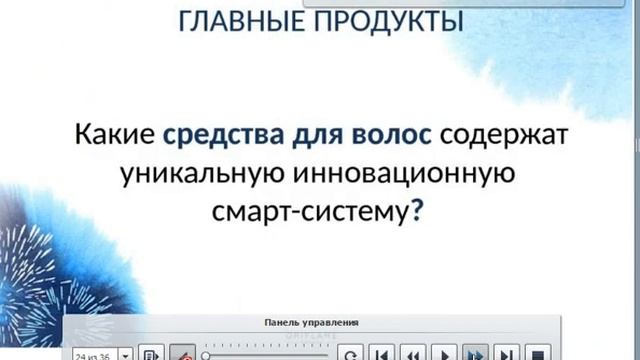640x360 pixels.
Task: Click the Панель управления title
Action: tap(312, 323)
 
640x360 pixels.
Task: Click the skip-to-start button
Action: tap(381, 353)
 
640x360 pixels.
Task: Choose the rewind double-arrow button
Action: tap(413, 353)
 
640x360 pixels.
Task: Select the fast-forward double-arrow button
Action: tap(476, 353)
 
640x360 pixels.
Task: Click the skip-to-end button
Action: tap(508, 353)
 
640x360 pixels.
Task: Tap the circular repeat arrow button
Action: tap(351, 353)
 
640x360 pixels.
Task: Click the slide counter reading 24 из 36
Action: tap(92, 354)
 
